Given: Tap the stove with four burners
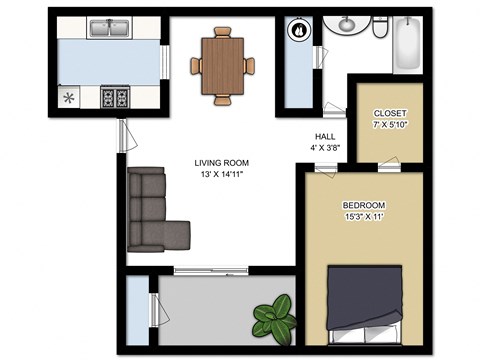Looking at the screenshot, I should click(115, 97).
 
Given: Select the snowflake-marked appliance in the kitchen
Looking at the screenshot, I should click(70, 98).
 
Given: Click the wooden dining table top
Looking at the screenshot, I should click(222, 62).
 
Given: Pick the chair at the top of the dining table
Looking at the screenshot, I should click(222, 30).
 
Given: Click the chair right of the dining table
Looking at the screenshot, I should click(249, 64).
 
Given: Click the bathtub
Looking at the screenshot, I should click(409, 42).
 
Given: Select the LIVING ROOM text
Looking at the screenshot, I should click(222, 162).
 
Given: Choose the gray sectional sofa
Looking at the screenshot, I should click(152, 215).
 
